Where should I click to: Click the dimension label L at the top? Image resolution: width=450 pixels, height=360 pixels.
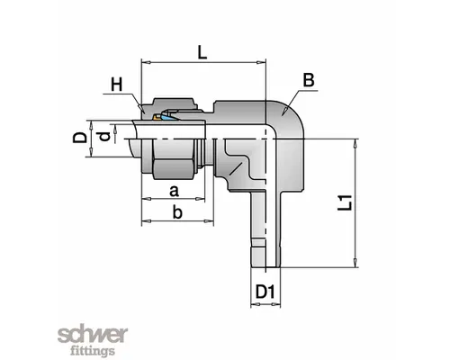pyautogui.click(x=202, y=52)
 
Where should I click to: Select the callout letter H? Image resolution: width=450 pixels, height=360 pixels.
pyautogui.click(x=117, y=85)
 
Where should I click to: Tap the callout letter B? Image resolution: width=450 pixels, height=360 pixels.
pyautogui.click(x=309, y=80)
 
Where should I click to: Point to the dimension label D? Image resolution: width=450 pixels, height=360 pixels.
pyautogui.click(x=80, y=138)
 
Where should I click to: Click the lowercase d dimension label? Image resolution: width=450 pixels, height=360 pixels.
pyautogui.click(x=103, y=137)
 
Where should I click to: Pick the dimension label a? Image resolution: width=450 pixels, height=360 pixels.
pyautogui.click(x=174, y=191)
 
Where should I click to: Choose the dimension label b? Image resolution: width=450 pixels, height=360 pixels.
pyautogui.click(x=177, y=212)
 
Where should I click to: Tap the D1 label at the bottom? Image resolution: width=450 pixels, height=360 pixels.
pyautogui.click(x=265, y=292)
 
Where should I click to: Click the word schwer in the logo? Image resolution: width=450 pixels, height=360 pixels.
pyautogui.click(x=93, y=335)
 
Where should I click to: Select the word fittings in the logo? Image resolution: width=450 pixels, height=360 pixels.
pyautogui.click(x=93, y=350)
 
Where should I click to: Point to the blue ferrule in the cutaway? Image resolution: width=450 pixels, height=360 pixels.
pyautogui.click(x=169, y=118)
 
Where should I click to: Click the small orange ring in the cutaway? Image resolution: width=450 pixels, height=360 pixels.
pyautogui.click(x=157, y=118)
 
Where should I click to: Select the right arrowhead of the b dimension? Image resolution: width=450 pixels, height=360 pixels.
pyautogui.click(x=209, y=221)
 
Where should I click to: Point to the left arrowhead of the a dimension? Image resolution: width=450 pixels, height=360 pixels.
pyautogui.click(x=146, y=199)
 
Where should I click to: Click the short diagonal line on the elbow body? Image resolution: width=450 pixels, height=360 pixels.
pyautogui.click(x=235, y=169)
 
